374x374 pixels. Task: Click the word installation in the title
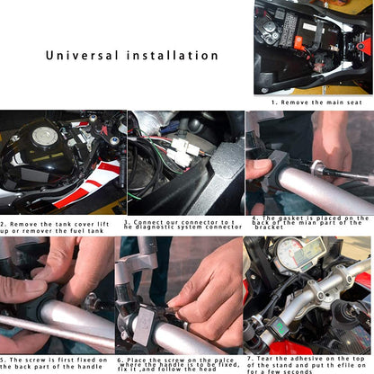click(x=171, y=56)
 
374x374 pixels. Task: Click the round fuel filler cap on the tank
click(x=45, y=138)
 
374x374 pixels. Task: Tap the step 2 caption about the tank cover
click(x=58, y=226)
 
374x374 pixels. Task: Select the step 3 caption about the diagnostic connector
click(x=183, y=225)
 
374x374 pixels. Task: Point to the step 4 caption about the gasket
click(x=310, y=221)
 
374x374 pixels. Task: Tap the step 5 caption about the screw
click(x=58, y=363)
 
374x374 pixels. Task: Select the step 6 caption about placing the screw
click(x=180, y=363)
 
